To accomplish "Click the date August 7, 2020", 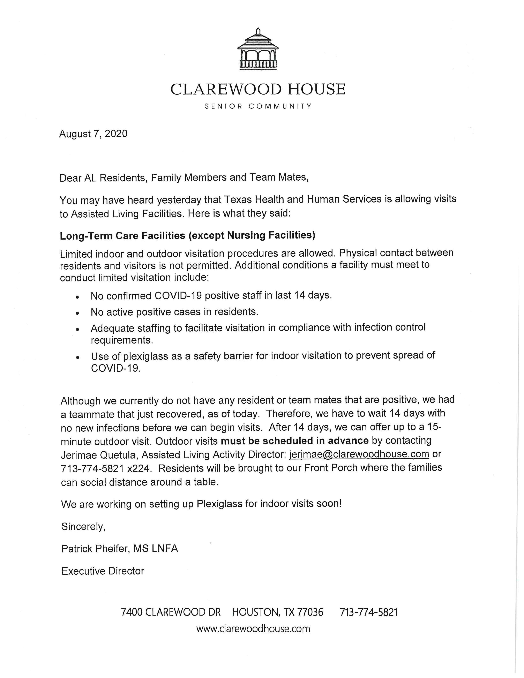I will [93, 134].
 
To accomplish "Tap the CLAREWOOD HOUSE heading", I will [258, 89].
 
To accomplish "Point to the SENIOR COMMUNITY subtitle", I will [258, 106].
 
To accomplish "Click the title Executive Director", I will [103, 571].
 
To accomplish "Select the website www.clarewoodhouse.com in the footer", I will [253, 629].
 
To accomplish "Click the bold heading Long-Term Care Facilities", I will [123, 236].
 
